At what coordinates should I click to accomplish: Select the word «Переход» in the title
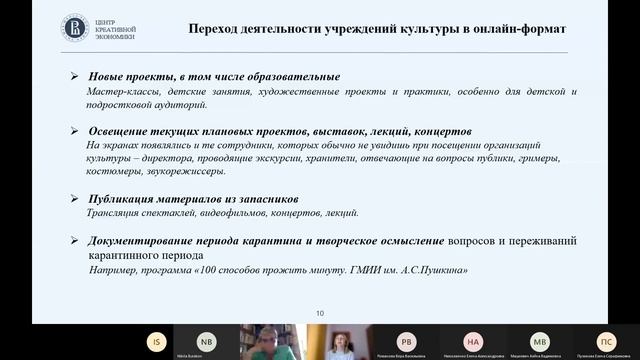click(x=217, y=29)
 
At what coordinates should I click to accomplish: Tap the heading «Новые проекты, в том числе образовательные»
click(x=214, y=77)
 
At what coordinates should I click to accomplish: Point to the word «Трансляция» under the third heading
click(x=113, y=213)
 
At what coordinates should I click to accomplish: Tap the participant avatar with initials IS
click(x=156, y=340)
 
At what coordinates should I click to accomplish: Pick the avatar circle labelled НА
click(x=474, y=340)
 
